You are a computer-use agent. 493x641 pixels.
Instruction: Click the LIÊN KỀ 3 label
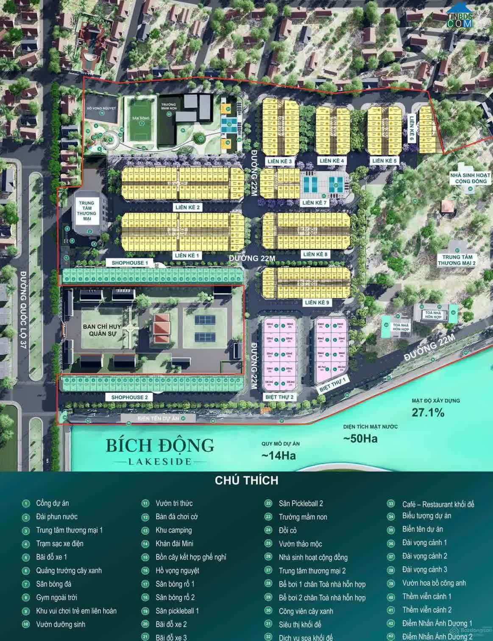point(279,161)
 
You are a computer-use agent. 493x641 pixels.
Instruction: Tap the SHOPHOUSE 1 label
point(130,263)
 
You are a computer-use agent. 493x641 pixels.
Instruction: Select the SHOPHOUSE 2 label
point(129,397)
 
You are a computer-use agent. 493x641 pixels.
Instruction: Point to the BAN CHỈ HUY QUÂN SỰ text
point(102,330)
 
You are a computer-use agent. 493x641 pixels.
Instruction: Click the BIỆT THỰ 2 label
point(279,397)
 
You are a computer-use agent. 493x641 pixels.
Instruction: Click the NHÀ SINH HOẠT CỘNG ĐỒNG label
point(470,178)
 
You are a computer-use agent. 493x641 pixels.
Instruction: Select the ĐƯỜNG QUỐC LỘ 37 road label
point(23,310)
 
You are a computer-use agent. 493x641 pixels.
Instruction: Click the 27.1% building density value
point(428,412)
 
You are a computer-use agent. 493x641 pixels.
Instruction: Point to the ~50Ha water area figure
point(360,439)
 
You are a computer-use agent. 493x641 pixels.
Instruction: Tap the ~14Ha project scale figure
point(279,456)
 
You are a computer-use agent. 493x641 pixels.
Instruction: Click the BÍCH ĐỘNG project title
point(160,446)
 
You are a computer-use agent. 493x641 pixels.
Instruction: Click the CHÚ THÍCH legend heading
point(246,480)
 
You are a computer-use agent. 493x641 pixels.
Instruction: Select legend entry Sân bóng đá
point(53,584)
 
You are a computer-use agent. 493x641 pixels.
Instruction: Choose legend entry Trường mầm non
point(303,517)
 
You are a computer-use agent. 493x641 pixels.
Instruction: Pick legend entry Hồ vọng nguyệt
point(177,571)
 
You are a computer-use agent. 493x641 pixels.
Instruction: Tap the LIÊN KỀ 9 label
point(317,302)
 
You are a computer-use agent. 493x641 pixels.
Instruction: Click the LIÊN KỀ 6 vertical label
point(411,129)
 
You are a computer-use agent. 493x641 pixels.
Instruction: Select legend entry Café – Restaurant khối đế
point(438,504)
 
